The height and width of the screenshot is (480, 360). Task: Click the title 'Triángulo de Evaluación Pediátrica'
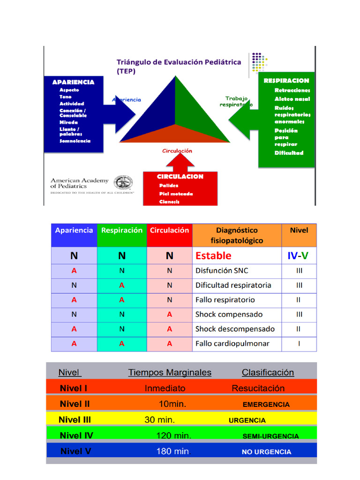pos(179,62)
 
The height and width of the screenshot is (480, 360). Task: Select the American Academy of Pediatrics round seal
pos(124,183)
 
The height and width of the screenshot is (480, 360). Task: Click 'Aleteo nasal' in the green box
pos(292,99)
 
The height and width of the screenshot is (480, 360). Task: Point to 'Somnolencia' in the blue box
pos(75,141)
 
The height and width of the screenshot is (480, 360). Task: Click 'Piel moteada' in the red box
pos(176,194)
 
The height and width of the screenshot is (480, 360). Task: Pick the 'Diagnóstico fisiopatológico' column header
pos(237,235)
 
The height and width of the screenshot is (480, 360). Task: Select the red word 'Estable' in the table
pos(213,256)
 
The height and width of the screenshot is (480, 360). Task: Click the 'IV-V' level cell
pos(298,256)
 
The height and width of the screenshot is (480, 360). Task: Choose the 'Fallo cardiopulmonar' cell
pos(232,344)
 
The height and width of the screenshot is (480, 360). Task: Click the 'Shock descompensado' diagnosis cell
pos(235,329)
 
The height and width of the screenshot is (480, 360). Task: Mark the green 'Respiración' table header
pos(122,231)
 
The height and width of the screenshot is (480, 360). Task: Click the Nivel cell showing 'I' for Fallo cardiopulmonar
pos(299,344)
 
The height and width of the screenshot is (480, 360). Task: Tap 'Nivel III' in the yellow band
pos(75,420)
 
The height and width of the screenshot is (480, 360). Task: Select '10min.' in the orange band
pos(172,404)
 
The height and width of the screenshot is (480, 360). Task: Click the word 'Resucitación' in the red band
pos(258,388)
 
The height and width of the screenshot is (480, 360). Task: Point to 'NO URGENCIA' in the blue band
pos(266,452)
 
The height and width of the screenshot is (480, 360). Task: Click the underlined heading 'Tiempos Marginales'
pos(170,373)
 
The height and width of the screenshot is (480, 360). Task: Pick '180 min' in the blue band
pos(172,451)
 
